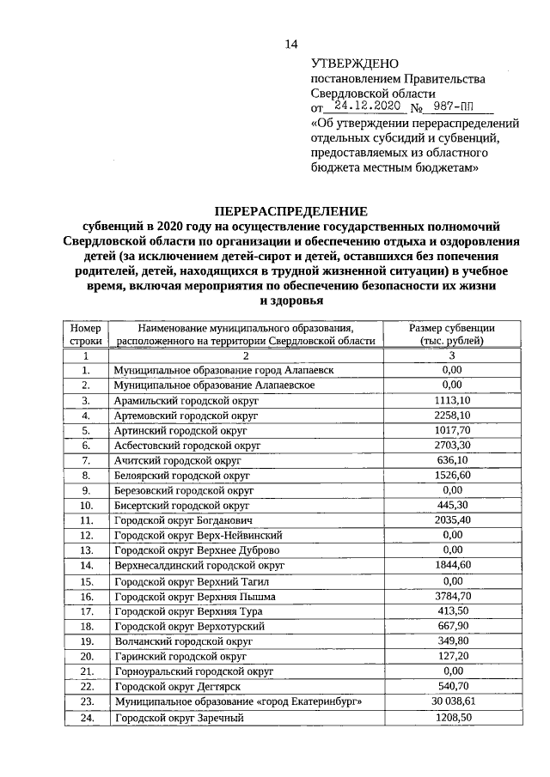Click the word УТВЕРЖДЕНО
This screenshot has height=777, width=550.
tap(354, 64)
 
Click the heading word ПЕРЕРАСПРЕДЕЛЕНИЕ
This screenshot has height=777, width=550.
tap(290, 211)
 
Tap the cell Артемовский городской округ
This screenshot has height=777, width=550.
tap(185, 416)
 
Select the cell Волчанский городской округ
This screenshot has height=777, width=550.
tap(183, 640)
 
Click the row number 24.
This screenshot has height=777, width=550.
tap(86, 717)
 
